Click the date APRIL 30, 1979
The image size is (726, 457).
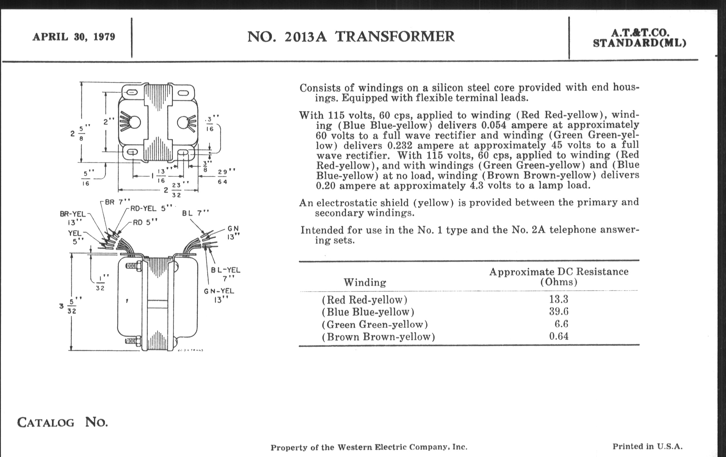(74, 37)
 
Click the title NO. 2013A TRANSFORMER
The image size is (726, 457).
(351, 36)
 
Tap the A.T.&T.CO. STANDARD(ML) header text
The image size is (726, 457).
(639, 38)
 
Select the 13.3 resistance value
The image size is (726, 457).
(558, 299)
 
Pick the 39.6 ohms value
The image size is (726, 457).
(558, 311)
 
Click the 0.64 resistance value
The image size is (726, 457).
(558, 336)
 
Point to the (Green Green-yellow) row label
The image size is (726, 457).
(375, 324)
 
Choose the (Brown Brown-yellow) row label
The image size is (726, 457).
(379, 337)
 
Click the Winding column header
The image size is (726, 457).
(365, 282)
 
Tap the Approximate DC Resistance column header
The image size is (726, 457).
(559, 276)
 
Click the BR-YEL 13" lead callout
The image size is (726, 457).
(73, 218)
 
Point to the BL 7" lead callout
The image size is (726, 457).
(195, 213)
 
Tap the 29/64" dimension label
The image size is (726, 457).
(222, 177)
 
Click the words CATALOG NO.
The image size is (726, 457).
(62, 422)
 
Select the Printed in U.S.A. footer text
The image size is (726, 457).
(647, 446)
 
